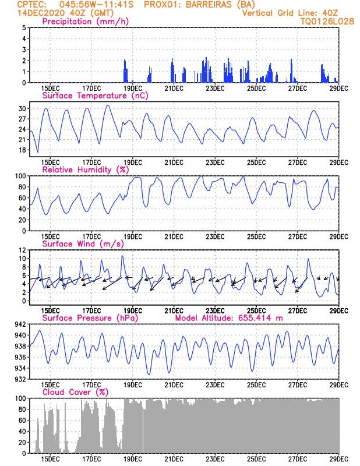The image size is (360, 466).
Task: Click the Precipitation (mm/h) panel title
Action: [86, 22]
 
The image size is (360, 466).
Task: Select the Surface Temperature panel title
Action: [95, 96]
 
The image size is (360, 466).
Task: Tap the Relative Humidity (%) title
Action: [86, 170]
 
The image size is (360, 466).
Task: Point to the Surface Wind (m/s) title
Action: [83, 244]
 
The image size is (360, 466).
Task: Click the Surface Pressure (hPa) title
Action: [90, 318]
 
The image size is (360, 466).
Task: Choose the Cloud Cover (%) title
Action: [76, 392]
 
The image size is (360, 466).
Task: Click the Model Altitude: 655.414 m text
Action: [229, 318]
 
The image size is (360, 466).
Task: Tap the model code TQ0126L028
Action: [327, 22]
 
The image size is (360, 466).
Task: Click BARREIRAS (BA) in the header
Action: [221, 5]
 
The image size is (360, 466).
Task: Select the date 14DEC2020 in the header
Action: [41, 13]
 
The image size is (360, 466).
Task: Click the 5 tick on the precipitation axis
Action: [24, 27]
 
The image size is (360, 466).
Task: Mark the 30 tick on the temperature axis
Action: [22, 109]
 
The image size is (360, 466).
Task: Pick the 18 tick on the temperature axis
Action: [22, 150]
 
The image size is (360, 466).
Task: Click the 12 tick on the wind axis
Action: [22, 250]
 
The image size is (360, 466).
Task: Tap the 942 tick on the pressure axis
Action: [20, 324]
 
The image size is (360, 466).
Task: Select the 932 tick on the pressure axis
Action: [20, 379]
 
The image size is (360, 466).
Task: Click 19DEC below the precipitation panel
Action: [133, 89]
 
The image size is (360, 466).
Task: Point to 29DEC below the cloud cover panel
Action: [339, 459]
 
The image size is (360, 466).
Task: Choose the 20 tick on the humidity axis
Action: [22, 220]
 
